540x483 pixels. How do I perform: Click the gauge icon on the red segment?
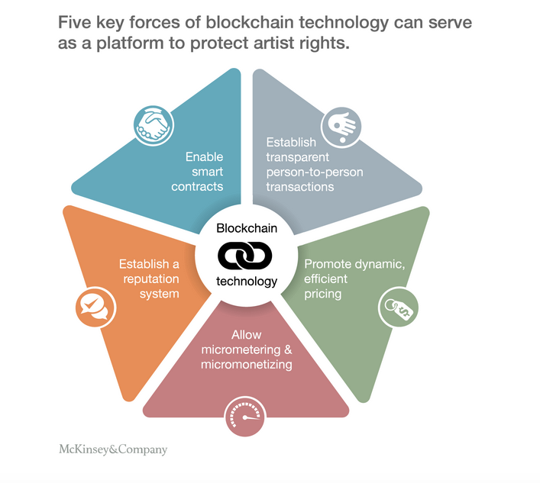(x=246, y=417)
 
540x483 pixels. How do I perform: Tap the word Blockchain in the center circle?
(x=247, y=228)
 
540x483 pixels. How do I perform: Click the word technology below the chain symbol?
(x=247, y=281)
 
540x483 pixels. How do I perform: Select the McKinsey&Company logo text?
(x=112, y=449)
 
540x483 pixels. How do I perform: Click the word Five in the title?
(x=76, y=22)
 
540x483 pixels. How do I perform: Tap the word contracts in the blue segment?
(x=197, y=186)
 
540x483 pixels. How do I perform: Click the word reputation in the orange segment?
(x=149, y=279)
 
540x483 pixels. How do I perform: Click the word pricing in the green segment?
(x=323, y=294)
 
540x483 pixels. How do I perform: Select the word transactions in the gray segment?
(x=300, y=186)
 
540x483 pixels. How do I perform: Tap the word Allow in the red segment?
(x=246, y=335)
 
